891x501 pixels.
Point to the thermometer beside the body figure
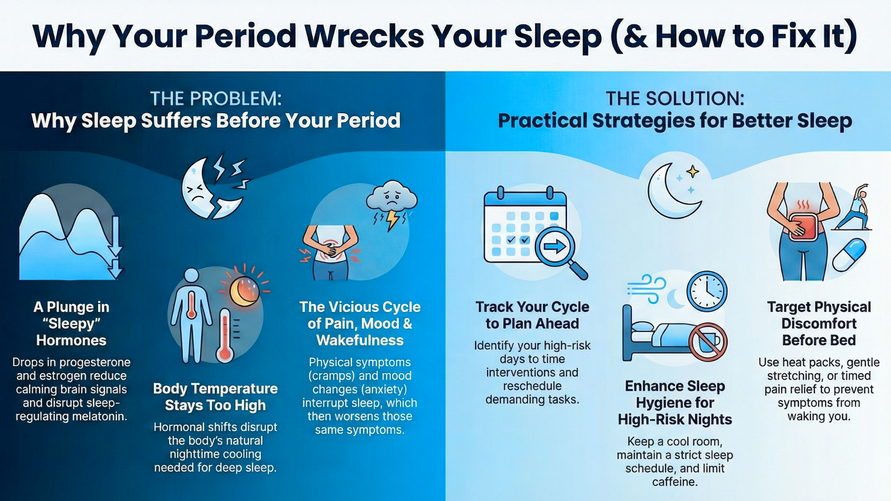point(225,335)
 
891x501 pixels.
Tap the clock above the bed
point(707,291)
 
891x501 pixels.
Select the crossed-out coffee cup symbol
point(708,342)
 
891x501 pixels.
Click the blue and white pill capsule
point(850,255)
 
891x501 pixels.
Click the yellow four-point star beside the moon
point(693,172)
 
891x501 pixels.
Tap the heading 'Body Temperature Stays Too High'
point(215,397)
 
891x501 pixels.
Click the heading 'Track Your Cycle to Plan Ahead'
point(532,315)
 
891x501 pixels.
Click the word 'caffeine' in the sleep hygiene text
point(675,482)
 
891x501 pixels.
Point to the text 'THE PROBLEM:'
point(216,99)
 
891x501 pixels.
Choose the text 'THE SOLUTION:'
point(675,99)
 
